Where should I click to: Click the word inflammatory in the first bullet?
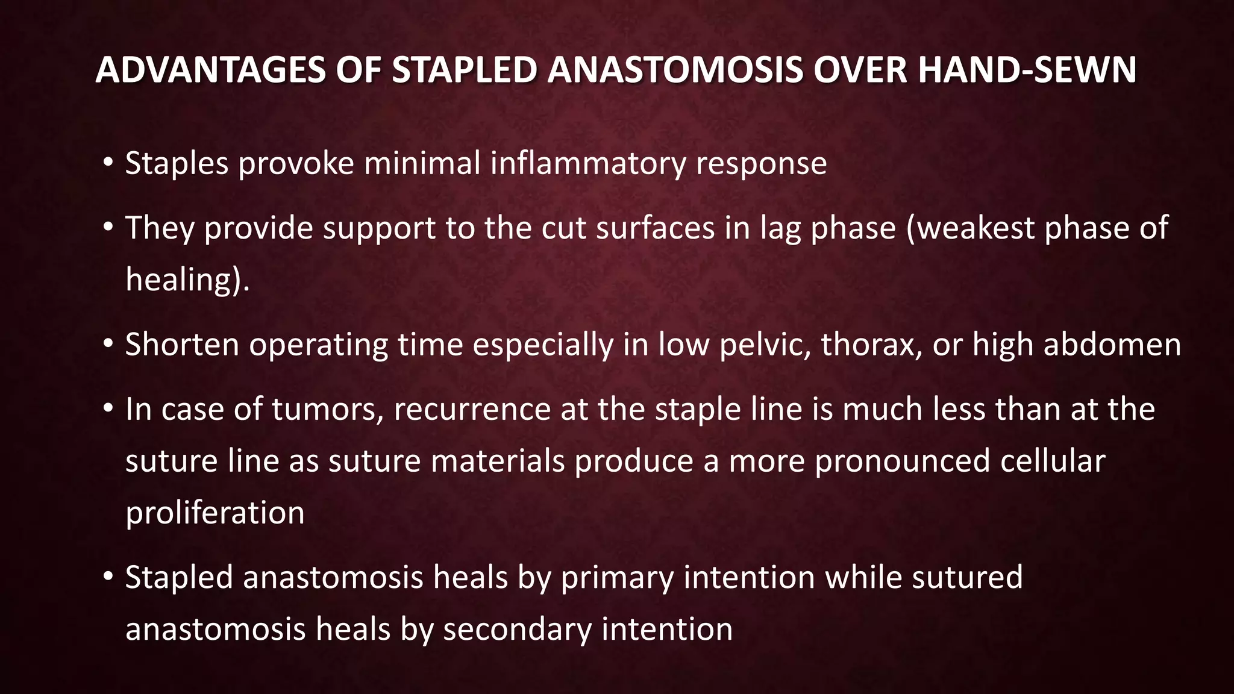[x=587, y=164]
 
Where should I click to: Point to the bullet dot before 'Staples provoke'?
[x=108, y=163]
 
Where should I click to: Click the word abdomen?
[x=1112, y=345]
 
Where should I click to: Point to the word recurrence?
[x=472, y=410]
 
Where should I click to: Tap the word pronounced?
[x=902, y=461]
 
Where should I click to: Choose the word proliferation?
[x=215, y=513]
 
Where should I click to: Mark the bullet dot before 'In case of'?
[x=108, y=409]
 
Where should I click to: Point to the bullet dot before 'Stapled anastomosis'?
[x=108, y=577]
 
